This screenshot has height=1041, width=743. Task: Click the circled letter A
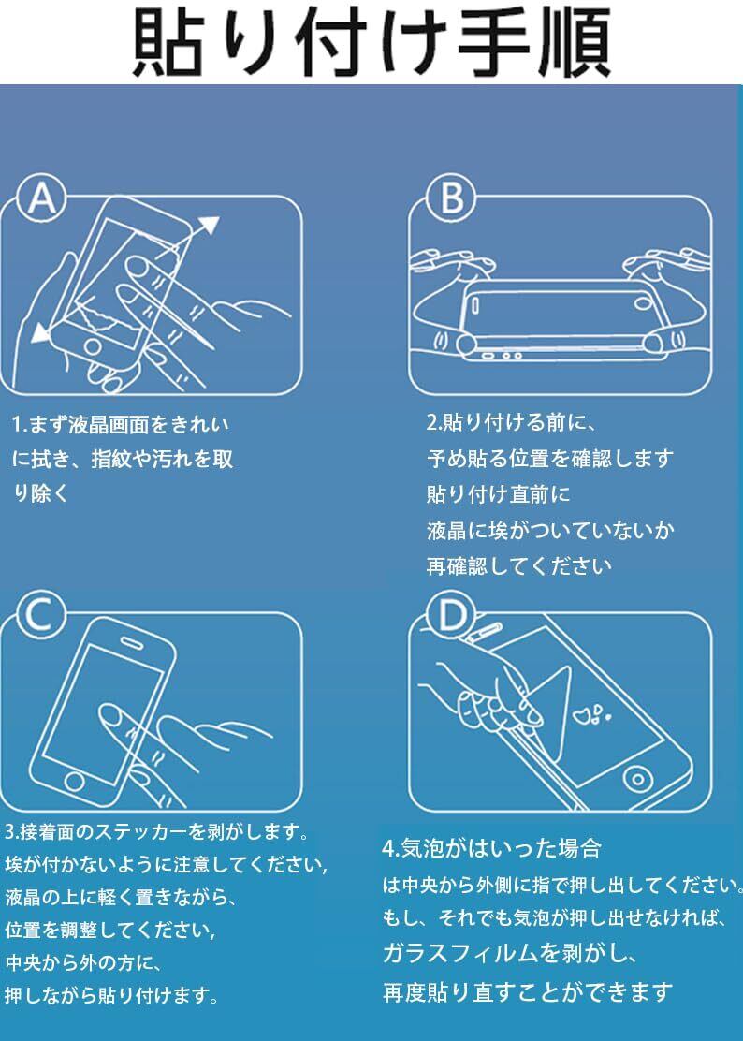(x=42, y=198)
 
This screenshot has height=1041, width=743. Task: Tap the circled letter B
(x=451, y=198)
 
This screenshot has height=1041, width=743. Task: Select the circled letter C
(x=41, y=615)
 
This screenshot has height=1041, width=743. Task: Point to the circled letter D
(x=451, y=615)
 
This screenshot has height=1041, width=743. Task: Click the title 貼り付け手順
(x=371, y=43)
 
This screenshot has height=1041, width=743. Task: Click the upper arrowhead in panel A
(x=210, y=226)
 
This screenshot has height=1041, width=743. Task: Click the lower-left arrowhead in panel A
(x=41, y=332)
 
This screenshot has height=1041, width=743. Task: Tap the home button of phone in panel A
(x=93, y=345)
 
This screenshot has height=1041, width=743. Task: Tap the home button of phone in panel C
(x=74, y=781)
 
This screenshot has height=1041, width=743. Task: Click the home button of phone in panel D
(x=637, y=778)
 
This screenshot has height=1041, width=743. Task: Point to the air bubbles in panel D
(x=592, y=714)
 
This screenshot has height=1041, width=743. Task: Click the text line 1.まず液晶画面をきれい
(x=120, y=424)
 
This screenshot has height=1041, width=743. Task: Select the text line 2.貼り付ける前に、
(x=512, y=423)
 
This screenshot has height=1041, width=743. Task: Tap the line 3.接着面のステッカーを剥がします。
(x=156, y=832)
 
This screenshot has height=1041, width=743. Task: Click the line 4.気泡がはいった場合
(x=491, y=848)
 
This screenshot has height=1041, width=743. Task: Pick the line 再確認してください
(x=518, y=566)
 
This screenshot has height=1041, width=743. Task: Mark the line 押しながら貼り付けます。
(x=111, y=995)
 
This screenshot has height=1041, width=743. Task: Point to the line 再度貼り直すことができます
(x=528, y=992)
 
